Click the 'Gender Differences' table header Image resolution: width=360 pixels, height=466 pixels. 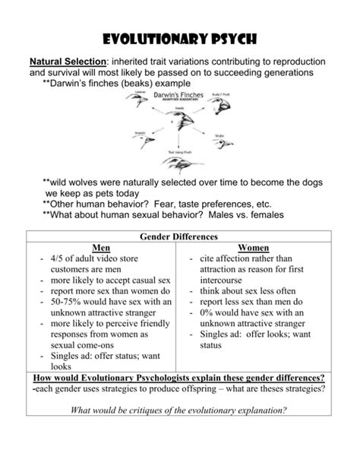179,237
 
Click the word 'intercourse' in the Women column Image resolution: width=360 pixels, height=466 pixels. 227,280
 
